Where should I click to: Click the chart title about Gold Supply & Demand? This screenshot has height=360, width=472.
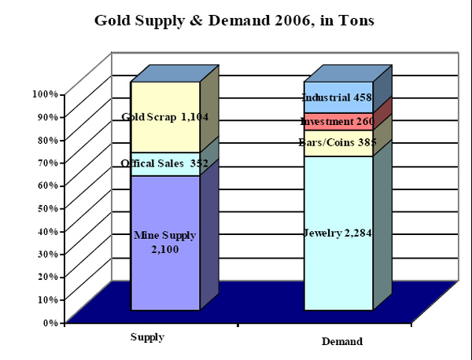pos(234,20)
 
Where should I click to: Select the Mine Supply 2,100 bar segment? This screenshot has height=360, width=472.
pos(165,242)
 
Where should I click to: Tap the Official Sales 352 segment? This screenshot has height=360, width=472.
pos(165,163)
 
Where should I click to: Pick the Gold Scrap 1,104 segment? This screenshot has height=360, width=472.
pos(165,117)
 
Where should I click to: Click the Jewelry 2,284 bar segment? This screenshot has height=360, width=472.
pos(338,233)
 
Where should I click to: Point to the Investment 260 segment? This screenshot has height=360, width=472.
pos(338,121)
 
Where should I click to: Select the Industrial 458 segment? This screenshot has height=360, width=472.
pos(338,97)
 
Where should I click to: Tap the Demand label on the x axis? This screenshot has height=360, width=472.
pos(342,342)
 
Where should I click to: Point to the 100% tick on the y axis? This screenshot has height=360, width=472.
pos(45,94)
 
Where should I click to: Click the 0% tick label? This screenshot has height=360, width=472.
pos(50,322)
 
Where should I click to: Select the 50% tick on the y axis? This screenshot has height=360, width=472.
pos(47,208)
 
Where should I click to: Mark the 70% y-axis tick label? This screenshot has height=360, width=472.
pos(47,163)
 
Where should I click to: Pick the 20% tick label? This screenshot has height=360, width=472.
pos(47,277)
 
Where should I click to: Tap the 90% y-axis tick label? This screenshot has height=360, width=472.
pos(47,117)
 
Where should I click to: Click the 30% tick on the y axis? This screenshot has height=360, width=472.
pos(47,254)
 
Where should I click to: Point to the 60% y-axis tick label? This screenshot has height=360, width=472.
pos(47,186)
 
